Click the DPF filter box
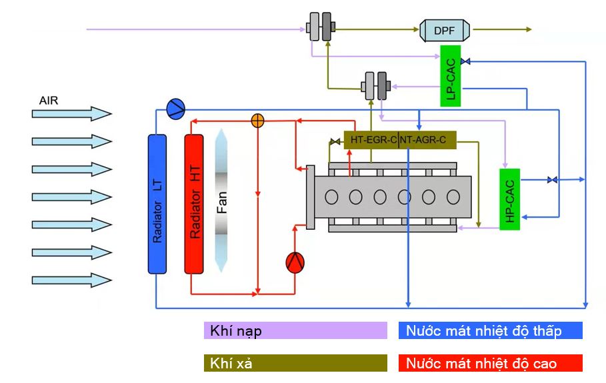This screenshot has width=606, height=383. tap(445, 29)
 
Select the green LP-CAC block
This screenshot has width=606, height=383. tap(451, 76)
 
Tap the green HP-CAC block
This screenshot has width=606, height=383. tap(509, 199)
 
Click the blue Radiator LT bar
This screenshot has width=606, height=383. tap(157, 203)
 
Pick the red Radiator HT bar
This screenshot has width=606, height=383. tap(194, 203)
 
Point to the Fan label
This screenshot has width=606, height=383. tap(222, 203)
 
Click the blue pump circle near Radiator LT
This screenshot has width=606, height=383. tap(176, 108)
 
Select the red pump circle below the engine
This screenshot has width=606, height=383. tap(295, 262)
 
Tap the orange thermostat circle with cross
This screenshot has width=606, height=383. tap(257, 121)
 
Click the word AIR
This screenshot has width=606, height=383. tap(49, 101)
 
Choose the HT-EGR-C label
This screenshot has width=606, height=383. tap(371, 140)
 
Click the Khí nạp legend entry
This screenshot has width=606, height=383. tap(295, 330)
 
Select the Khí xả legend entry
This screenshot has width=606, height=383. tap(295, 363)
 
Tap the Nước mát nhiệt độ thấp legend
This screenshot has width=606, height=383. tap(490, 330)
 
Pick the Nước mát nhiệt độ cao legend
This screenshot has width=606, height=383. tap(490, 363)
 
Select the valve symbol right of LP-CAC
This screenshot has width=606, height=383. tap(465, 61)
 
